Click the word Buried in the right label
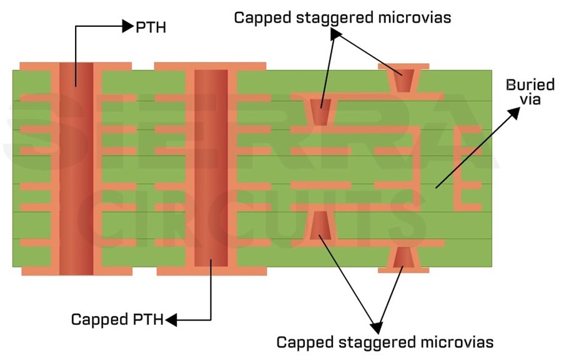pyautogui.click(x=522, y=85)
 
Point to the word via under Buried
pyautogui.click(x=522, y=99)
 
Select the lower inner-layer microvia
pyautogui.click(x=319, y=226)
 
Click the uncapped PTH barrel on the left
pyautogui.click(x=76, y=169)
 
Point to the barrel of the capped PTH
pyautogui.click(x=210, y=169)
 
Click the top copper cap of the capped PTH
pyautogui.click(x=210, y=66)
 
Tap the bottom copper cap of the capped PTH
pyautogui.click(x=210, y=271)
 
